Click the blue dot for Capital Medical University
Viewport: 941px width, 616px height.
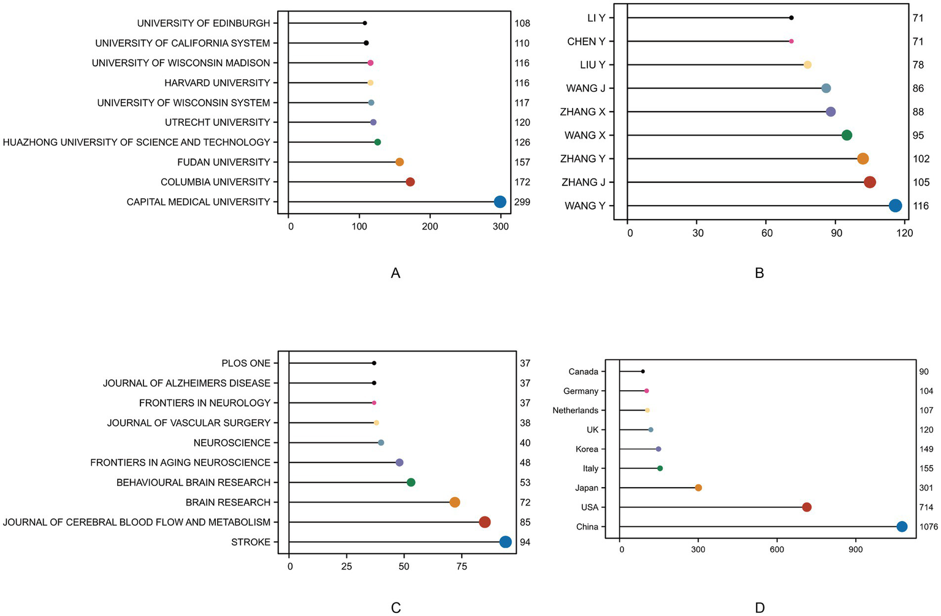(500, 202)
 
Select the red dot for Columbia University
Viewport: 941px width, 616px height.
(410, 182)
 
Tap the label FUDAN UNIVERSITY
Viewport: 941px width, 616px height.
(223, 162)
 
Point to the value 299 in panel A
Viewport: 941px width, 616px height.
(522, 202)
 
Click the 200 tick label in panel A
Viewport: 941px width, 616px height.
(430, 226)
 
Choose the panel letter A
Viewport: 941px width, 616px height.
(395, 273)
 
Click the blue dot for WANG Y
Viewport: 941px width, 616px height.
(895, 206)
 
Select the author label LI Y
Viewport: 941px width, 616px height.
(596, 18)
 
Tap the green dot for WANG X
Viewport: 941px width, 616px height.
(847, 135)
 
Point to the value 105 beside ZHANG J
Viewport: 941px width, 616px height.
(921, 182)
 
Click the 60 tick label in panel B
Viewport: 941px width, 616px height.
(767, 233)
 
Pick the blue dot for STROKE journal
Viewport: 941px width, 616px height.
(505, 542)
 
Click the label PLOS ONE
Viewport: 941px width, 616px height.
(246, 363)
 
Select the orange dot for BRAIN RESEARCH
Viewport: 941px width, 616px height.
(454, 502)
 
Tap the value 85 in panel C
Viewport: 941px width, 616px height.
(525, 523)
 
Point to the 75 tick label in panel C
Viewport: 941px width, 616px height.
(461, 566)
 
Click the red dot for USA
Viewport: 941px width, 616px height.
(807, 507)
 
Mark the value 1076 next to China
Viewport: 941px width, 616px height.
(928, 527)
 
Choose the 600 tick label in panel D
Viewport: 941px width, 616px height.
(777, 550)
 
